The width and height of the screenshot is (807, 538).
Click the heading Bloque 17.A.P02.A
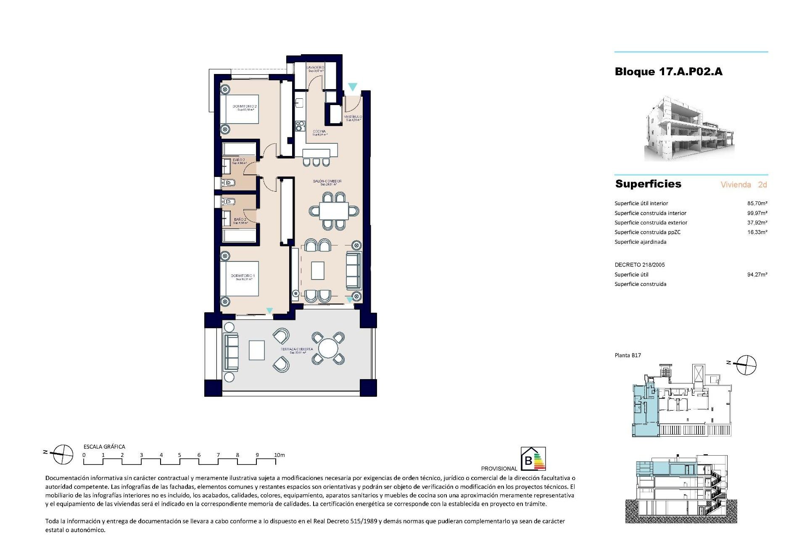[668, 72]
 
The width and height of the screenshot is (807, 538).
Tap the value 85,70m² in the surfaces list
[757, 203]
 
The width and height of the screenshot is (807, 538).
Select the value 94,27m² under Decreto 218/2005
[757, 275]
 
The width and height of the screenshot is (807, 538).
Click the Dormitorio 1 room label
[243, 277]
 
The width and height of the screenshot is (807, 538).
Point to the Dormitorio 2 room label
[244, 107]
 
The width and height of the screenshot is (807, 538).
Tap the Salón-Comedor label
[327, 182]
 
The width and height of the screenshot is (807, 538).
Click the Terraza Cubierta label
[297, 350]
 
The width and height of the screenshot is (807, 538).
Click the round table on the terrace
[328, 348]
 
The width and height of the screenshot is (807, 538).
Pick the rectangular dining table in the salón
[334, 211]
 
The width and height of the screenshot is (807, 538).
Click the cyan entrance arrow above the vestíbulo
[352, 87]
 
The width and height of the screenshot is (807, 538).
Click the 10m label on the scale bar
[279, 455]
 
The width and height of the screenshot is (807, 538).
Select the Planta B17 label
[628, 356]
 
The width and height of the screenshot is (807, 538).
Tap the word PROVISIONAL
[499, 469]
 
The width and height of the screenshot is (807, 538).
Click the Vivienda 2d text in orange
[744, 185]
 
